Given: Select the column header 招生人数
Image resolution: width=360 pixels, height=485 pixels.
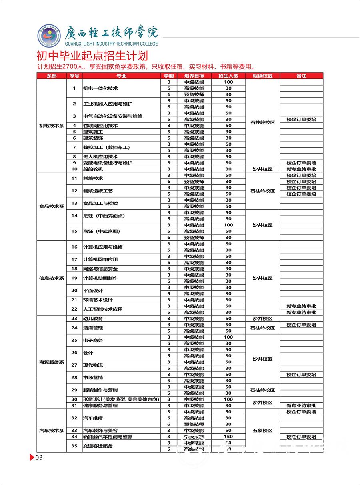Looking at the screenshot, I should pos(228,76).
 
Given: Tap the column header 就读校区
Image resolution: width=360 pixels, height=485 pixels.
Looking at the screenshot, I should pos(262,76).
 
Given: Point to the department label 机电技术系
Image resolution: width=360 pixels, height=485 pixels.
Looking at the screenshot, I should pos(52,126).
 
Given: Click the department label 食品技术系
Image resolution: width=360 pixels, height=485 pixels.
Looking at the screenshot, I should pos(52,206).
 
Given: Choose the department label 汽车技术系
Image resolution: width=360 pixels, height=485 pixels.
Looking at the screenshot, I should pos(52,431).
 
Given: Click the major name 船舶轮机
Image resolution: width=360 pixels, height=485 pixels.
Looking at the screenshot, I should pos(93,169).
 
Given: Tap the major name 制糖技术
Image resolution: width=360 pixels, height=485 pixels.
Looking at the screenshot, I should pos(93,178).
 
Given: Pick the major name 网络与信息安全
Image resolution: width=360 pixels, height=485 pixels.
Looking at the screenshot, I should pos(100,269).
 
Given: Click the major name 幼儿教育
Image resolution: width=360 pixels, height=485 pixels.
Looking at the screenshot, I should pos(93,319).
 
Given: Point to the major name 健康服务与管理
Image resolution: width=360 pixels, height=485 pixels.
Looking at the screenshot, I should pos(100,406).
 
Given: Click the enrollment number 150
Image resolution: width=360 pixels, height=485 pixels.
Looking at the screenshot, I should pos(228,437).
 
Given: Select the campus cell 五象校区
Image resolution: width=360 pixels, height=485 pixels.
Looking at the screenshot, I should pos(262,431).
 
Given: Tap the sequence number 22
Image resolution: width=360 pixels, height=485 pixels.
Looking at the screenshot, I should pos(74,309).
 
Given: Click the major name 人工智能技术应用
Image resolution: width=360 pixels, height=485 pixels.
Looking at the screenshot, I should pos(103,309).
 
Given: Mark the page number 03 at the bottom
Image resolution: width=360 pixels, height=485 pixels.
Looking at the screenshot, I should pos(39,458).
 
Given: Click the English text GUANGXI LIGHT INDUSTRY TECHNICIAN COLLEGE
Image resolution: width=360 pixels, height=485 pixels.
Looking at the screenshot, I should pos(111,44).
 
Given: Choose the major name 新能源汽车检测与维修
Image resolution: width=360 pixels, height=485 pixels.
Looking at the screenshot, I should pos(108,437).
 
